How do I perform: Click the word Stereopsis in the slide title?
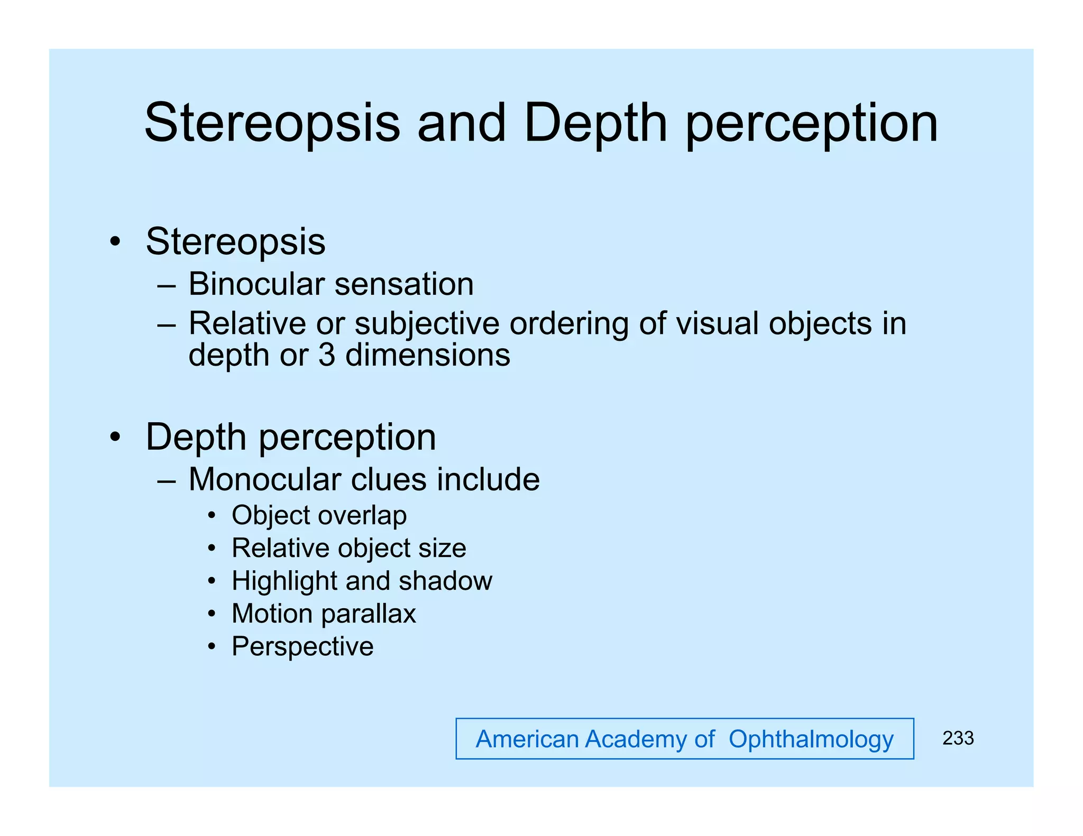[272, 123]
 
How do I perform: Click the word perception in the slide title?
[811, 125]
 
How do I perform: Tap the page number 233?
[958, 738]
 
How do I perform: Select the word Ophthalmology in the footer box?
[811, 739]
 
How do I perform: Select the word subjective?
[427, 324]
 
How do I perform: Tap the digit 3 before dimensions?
[327, 355]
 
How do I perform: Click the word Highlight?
[284, 581]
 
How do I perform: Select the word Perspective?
[302, 647]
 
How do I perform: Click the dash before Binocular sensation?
[167, 286]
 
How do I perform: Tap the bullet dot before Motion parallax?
[212, 614]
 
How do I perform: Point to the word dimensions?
[427, 355]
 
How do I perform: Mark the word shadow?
[445, 581]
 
